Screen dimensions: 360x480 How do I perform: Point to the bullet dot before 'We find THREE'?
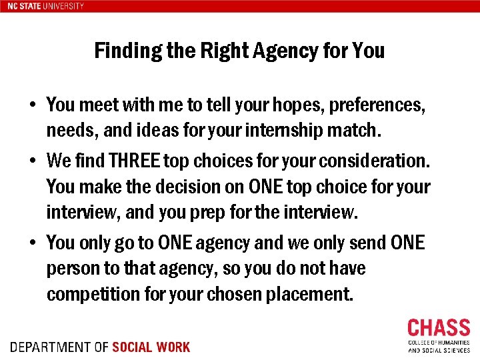[x=32, y=161]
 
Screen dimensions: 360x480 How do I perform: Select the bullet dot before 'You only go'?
[x=32, y=243]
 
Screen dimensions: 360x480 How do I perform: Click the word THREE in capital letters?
[x=136, y=161]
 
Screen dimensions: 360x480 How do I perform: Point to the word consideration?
[x=379, y=161]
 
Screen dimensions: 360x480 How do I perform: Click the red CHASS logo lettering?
[x=438, y=328]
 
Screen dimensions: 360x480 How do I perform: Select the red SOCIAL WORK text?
[x=151, y=347]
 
